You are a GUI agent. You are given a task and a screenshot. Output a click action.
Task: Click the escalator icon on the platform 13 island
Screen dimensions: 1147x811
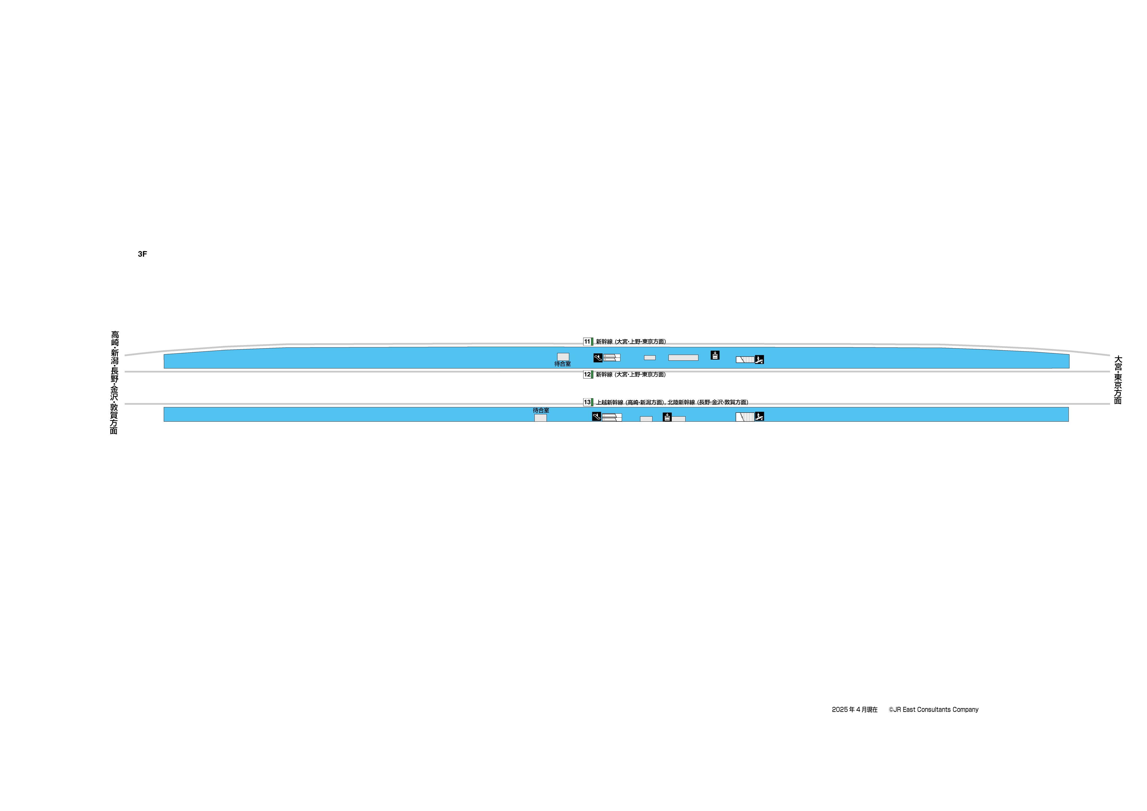(x=596, y=416)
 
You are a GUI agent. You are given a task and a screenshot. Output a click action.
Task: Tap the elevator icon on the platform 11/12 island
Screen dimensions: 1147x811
(x=715, y=355)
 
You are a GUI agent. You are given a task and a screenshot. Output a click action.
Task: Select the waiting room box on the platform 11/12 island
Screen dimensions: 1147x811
(x=563, y=357)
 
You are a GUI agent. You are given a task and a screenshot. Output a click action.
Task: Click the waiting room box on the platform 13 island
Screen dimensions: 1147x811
(x=540, y=418)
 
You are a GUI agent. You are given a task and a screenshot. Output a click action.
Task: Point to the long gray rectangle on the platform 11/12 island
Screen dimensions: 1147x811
(x=683, y=358)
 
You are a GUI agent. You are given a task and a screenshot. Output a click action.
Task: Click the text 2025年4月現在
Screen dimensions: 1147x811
(x=855, y=710)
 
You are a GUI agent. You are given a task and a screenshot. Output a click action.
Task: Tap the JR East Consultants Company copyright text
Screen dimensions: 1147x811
(x=934, y=710)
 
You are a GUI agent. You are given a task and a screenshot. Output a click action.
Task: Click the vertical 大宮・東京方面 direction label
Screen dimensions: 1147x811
(x=1118, y=380)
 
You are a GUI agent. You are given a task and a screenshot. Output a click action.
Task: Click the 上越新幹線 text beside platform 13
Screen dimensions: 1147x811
(x=609, y=402)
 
